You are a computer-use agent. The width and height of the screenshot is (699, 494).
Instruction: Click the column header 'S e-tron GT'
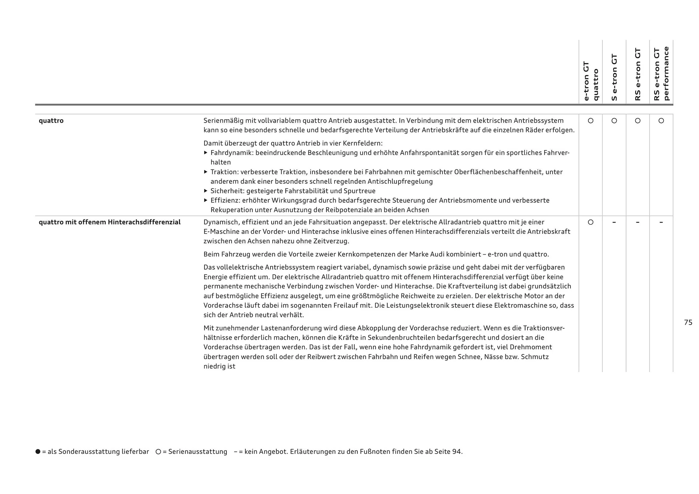click(614, 77)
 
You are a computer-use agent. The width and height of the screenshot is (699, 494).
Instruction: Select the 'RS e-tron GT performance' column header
click(661, 73)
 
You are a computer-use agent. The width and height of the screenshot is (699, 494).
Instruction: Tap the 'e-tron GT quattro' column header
click(591, 81)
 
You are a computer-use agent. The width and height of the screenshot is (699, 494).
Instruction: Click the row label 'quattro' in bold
click(51, 120)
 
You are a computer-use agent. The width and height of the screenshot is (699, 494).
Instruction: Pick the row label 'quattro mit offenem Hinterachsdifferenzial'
click(110, 222)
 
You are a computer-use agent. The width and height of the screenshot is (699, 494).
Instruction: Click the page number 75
click(688, 322)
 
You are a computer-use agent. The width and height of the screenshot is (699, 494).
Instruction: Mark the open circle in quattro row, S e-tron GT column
click(614, 120)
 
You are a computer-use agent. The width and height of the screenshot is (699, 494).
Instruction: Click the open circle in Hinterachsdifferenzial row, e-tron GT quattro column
click(591, 222)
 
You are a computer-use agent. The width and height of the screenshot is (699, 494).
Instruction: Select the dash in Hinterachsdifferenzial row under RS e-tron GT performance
click(661, 222)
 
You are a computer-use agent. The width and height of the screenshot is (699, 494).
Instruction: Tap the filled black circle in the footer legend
click(38, 451)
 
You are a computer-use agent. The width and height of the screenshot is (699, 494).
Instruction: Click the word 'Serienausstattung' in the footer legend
click(197, 451)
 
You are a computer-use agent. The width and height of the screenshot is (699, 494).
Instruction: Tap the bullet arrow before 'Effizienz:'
click(206, 200)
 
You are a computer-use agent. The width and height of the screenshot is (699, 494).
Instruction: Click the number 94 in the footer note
click(456, 451)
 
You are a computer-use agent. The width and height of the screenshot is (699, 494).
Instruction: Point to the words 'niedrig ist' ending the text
click(219, 366)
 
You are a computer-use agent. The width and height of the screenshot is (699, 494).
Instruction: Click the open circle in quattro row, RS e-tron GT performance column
click(661, 120)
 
